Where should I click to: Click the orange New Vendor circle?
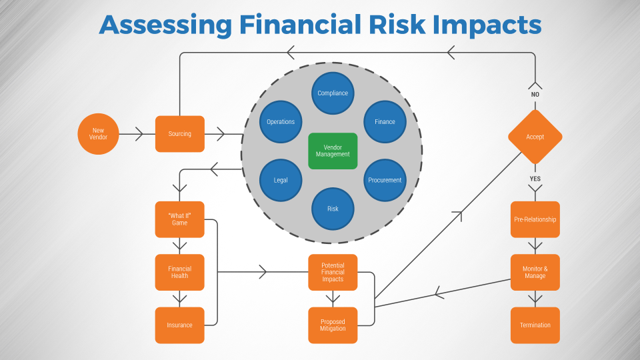tap(98, 134)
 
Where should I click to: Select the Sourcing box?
tap(179, 134)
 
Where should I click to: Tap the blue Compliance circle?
tap(333, 93)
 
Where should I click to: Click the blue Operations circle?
tap(281, 122)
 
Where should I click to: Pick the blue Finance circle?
tap(385, 122)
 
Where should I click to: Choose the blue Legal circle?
tap(281, 180)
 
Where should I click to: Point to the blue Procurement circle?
tap(385, 180)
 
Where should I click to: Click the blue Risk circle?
tap(333, 209)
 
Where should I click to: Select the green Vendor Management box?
tap(333, 151)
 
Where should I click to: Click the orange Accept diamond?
tap(535, 137)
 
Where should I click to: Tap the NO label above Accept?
tap(535, 95)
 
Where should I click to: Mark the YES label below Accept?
tap(535, 179)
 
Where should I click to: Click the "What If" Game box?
tap(179, 219)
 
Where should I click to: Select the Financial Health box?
tap(179, 272)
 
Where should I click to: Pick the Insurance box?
tap(179, 325)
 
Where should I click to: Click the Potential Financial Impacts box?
tap(333, 272)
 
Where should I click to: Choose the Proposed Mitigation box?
tap(333, 325)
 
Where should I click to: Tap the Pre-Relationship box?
tap(535, 219)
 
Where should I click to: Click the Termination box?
tap(535, 325)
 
